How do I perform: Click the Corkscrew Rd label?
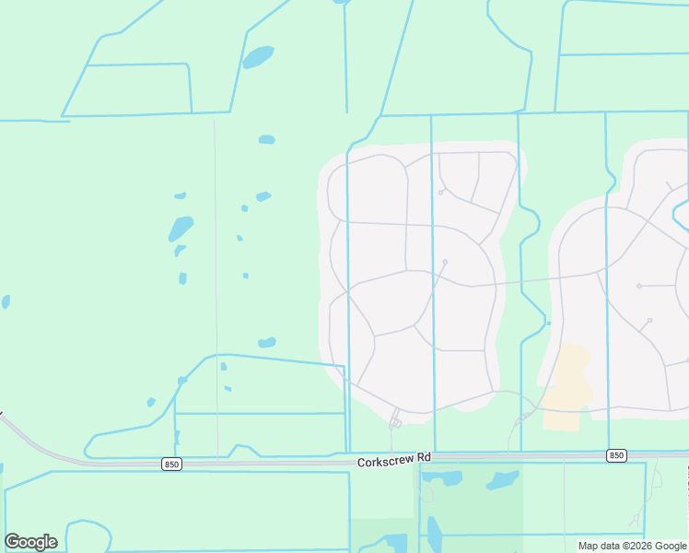pyautogui.click(x=394, y=457)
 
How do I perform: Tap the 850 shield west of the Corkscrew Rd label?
pyautogui.click(x=171, y=465)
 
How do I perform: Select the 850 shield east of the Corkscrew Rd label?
pyautogui.click(x=616, y=455)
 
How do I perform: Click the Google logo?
pyautogui.click(x=30, y=542)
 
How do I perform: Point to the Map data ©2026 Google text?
pyautogui.click(x=631, y=546)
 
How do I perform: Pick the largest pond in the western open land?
pyautogui.click(x=181, y=228)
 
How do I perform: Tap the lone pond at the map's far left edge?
pyautogui.click(x=6, y=301)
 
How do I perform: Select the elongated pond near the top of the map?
pyautogui.click(x=258, y=57)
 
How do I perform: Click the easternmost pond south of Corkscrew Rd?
pyautogui.click(x=503, y=480)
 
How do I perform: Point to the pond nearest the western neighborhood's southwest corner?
pyautogui.click(x=267, y=343)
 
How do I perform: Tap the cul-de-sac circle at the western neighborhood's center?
pyautogui.click(x=445, y=263)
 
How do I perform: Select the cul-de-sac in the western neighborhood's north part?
pyautogui.click(x=441, y=193)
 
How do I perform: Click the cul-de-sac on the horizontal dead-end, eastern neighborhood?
pyautogui.click(x=639, y=286)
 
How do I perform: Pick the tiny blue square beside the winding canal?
pyautogui.click(x=549, y=324)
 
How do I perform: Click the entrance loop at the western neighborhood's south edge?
pyautogui.click(x=395, y=423)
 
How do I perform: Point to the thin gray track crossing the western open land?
pyautogui.click(x=216, y=276)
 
